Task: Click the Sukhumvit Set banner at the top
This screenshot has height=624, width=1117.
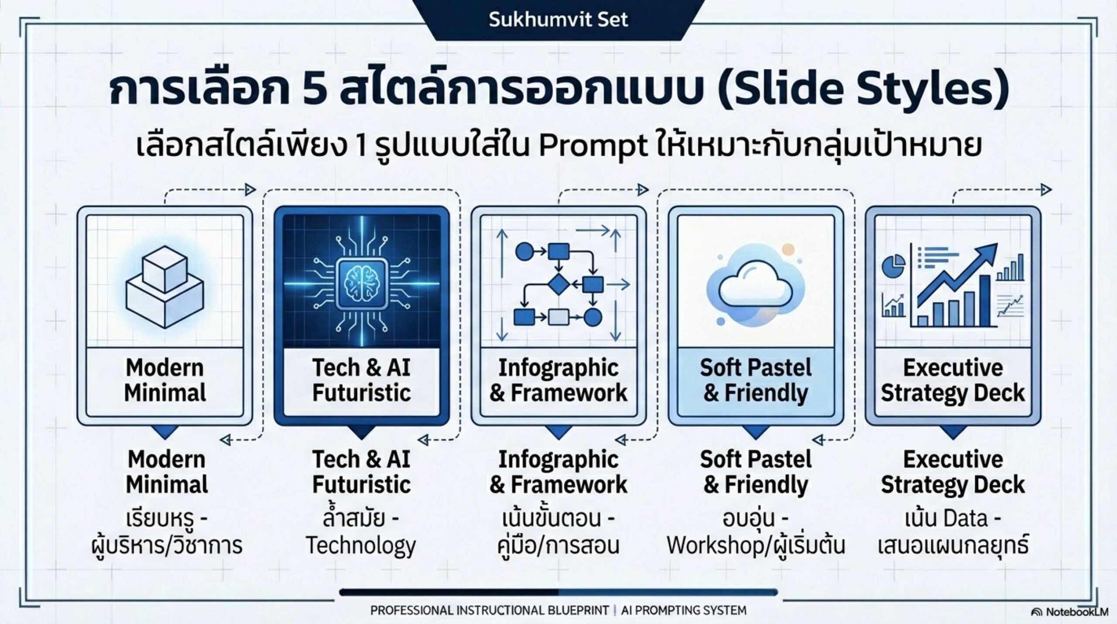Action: (x=558, y=20)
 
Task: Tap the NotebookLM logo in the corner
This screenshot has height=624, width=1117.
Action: (x=1069, y=612)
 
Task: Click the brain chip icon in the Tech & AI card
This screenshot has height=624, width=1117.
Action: (x=362, y=283)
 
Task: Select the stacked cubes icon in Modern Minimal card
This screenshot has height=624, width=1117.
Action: (x=165, y=286)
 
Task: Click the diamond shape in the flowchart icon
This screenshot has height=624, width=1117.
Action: (x=559, y=284)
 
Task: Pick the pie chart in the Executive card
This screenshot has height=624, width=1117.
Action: (x=893, y=265)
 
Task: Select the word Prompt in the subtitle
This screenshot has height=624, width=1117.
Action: (x=593, y=145)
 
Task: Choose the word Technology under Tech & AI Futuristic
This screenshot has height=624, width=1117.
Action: (x=361, y=546)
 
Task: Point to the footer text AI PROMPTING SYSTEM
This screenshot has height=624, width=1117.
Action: (x=684, y=610)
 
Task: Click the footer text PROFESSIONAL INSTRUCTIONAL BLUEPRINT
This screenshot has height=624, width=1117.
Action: (x=490, y=610)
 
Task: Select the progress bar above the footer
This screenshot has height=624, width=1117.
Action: (x=558, y=593)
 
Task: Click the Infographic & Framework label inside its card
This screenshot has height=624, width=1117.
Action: (x=558, y=380)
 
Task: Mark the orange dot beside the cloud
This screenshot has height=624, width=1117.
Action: (x=788, y=250)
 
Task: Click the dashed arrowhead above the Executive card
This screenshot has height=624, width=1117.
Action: (x=1046, y=190)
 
